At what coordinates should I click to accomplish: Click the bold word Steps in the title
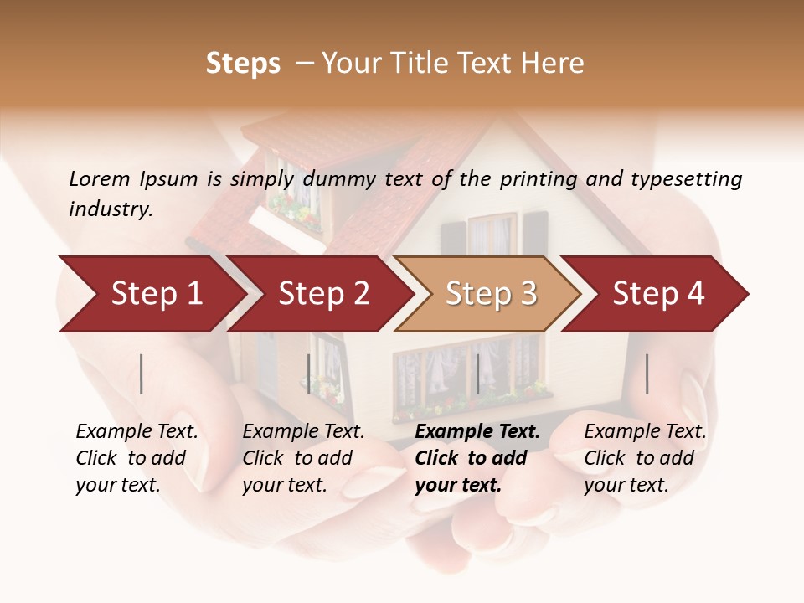243,64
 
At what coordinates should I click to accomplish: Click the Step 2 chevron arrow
322,294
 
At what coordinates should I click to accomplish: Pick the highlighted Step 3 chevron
490,294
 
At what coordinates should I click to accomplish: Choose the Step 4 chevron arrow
657,294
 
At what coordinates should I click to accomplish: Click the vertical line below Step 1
142,374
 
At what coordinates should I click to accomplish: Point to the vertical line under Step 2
309,374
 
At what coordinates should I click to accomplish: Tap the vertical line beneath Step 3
477,374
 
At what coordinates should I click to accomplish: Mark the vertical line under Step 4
647,374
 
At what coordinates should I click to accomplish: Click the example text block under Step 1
136,458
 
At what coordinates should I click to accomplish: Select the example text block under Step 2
302,458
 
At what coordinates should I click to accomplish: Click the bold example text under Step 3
477,458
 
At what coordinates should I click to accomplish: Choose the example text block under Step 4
644,458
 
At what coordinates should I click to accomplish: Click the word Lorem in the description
99,179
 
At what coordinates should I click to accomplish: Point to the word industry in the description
110,209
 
